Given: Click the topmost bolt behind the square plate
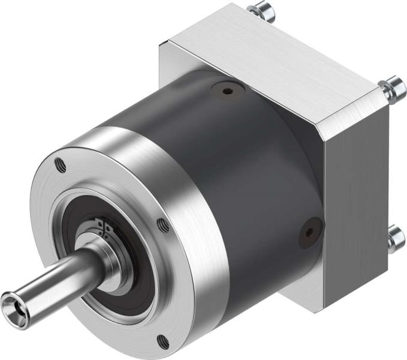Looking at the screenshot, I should [x=261, y=10].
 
